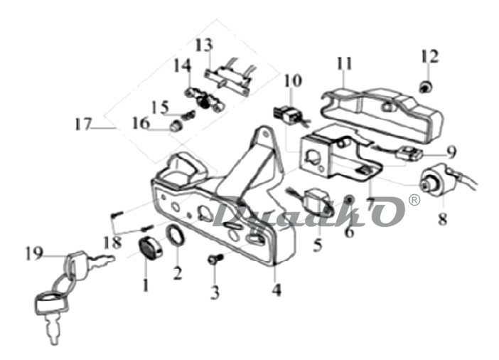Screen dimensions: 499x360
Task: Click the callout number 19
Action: (x=34, y=253)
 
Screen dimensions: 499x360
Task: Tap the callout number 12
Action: (x=429, y=56)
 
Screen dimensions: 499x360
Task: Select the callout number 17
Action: (x=83, y=124)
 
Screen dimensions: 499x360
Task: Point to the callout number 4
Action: (x=277, y=290)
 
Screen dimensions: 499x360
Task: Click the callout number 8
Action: (x=442, y=218)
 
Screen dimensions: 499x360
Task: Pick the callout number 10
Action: (x=293, y=80)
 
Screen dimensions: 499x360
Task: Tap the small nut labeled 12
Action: (x=426, y=86)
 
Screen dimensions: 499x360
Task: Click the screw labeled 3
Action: (x=215, y=259)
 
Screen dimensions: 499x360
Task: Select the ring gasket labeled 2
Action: (x=176, y=235)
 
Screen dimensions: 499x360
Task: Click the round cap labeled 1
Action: (x=150, y=248)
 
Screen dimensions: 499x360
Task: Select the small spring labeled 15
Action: (x=188, y=115)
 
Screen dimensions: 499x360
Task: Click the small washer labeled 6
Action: (x=349, y=199)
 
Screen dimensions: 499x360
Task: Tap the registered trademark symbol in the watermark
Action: (x=414, y=200)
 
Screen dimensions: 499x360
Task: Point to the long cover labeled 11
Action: (x=382, y=114)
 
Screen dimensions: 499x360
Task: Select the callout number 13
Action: (x=204, y=45)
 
